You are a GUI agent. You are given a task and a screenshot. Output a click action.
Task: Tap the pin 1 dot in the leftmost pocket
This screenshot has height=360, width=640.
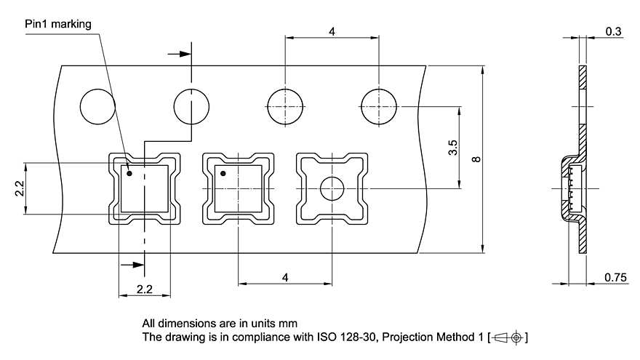129,173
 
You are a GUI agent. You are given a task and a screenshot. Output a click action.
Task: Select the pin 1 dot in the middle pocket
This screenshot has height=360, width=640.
223,173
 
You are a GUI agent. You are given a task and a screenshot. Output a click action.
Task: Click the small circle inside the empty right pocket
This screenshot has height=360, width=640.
332,189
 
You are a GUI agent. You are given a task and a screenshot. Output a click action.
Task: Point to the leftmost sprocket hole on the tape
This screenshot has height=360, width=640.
97,106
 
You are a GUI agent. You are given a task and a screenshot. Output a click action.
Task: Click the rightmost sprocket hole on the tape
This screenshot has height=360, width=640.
379,106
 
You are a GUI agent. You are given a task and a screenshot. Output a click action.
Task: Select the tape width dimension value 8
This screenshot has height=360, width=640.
476,159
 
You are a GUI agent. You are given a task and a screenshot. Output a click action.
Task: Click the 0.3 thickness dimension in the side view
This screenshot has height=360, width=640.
612,31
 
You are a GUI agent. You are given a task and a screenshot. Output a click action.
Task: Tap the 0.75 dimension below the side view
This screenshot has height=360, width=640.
615,277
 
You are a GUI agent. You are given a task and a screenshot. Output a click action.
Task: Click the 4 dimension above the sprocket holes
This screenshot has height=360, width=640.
332,31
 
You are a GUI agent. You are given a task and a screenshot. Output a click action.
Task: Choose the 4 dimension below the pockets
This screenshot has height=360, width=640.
285,277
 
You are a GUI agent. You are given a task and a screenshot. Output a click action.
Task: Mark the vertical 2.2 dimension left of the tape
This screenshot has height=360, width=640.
20,188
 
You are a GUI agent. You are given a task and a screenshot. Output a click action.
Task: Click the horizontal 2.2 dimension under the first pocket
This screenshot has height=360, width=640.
145,289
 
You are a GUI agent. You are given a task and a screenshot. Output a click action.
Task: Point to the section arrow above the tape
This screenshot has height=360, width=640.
177,53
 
